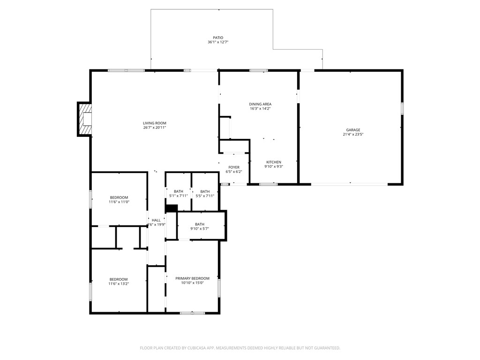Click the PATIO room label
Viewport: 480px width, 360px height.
[217, 37]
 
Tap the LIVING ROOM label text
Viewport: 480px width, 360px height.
[155, 123]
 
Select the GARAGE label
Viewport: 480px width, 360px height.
[353, 130]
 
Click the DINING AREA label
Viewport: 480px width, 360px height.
[260, 104]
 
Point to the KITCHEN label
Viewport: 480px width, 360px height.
[274, 162]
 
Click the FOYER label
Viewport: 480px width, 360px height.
[234, 167]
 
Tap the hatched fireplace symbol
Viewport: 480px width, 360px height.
[85, 120]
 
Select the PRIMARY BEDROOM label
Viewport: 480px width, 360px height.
[193, 278]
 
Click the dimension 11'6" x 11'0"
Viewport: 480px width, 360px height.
[119, 202]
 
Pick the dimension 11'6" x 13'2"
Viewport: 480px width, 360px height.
[119, 284]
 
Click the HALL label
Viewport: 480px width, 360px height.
[156, 220]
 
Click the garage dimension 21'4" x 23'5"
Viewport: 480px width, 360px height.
[353, 135]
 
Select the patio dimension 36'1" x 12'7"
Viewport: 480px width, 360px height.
[217, 42]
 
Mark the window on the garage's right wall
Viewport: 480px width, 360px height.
[402, 108]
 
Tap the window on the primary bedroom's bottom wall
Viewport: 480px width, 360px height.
[192, 313]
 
